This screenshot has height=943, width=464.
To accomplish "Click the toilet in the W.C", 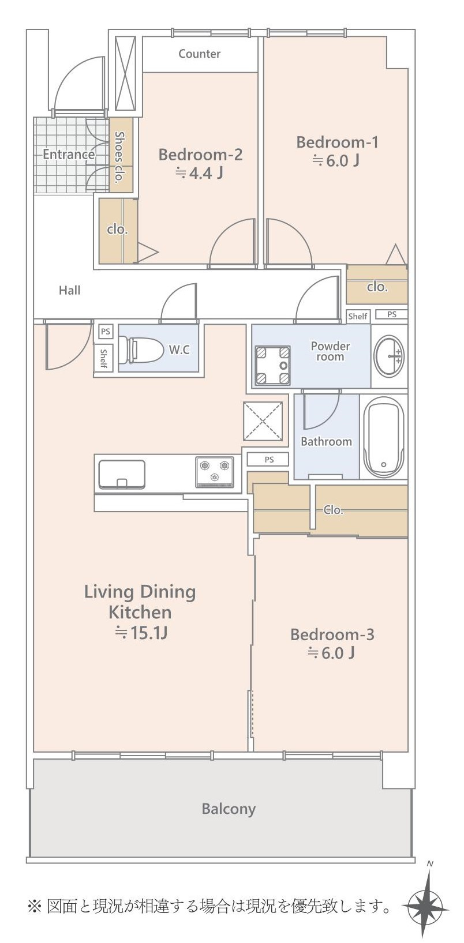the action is (x=141, y=349).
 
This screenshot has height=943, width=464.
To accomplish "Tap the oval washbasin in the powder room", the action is (x=389, y=356).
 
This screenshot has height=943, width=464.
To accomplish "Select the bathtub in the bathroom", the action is (x=383, y=437).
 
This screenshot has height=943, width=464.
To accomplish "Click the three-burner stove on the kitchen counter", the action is (x=215, y=472).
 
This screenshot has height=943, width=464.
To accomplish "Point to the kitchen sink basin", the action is (x=122, y=475).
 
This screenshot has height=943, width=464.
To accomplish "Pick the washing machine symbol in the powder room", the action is (x=273, y=365).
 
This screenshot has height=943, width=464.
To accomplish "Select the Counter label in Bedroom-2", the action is (x=199, y=54).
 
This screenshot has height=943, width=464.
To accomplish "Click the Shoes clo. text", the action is (x=119, y=157).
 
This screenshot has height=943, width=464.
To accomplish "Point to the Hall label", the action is (x=69, y=290).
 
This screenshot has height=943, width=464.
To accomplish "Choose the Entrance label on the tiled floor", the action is (x=69, y=155).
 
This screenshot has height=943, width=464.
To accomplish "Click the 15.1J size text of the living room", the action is (x=141, y=633).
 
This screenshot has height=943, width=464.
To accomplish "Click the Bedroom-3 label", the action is (x=332, y=634).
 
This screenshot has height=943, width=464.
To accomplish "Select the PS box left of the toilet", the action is (x=105, y=331).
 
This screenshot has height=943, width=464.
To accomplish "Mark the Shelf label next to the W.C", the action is (x=103, y=358).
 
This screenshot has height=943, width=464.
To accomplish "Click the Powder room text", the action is (x=330, y=351).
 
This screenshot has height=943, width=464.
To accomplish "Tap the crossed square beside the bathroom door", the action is (x=263, y=421).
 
